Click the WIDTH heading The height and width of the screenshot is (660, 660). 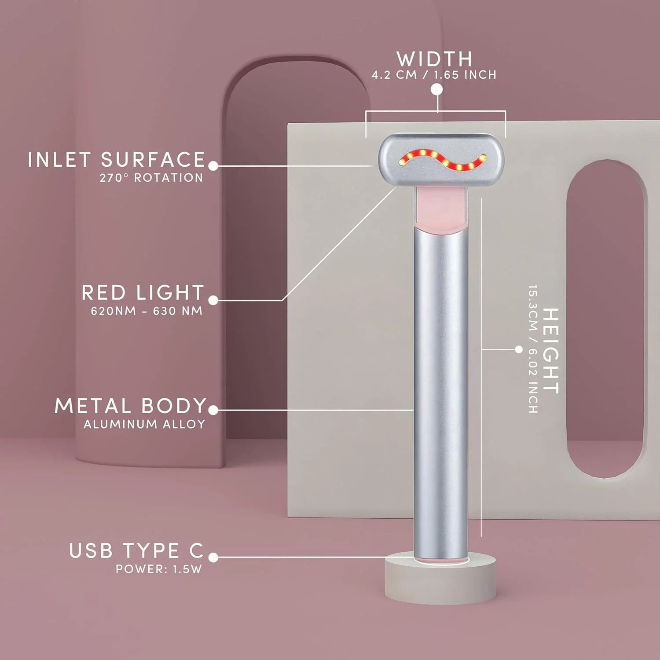tap(434, 59)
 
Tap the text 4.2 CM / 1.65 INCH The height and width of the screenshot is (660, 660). tap(434, 75)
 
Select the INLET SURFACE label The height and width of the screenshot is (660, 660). tap(117, 159)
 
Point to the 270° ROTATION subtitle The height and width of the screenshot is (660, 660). tap(151, 178)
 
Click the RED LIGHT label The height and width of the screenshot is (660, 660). tap(143, 293)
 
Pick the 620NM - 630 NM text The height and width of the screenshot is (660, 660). tap(147, 311)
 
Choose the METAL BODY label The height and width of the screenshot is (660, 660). tap(130, 406)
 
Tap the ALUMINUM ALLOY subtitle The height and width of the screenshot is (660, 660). tap(144, 424)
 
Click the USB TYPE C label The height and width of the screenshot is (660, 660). tap(136, 550)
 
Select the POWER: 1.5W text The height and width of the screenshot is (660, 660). tap(159, 569)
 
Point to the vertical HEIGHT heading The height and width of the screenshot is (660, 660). tap(550, 350)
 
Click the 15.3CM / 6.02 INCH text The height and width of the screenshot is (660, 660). tap(533, 349)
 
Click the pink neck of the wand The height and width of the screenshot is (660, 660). tap(440, 209)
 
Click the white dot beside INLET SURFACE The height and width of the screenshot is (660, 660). tap(213, 166)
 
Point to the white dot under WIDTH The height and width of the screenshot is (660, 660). tap(436, 89)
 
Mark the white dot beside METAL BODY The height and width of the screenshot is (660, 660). tap(213, 410)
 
